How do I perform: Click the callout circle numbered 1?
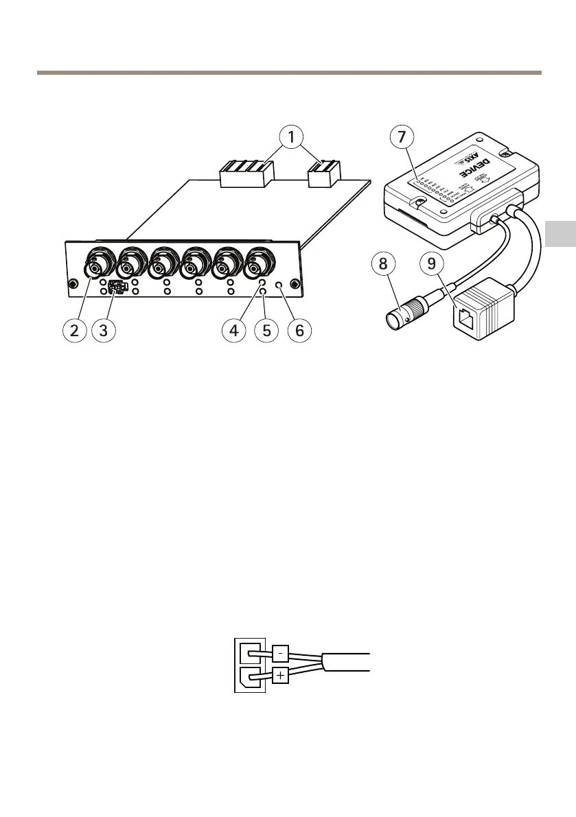(x=293, y=138)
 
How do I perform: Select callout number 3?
(x=103, y=330)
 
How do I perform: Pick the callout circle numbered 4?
(x=235, y=330)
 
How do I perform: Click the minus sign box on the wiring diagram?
(x=280, y=652)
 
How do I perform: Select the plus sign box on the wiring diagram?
(x=280, y=676)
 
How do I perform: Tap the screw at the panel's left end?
(x=71, y=285)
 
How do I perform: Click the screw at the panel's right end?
(x=294, y=285)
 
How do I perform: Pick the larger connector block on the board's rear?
(x=246, y=174)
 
